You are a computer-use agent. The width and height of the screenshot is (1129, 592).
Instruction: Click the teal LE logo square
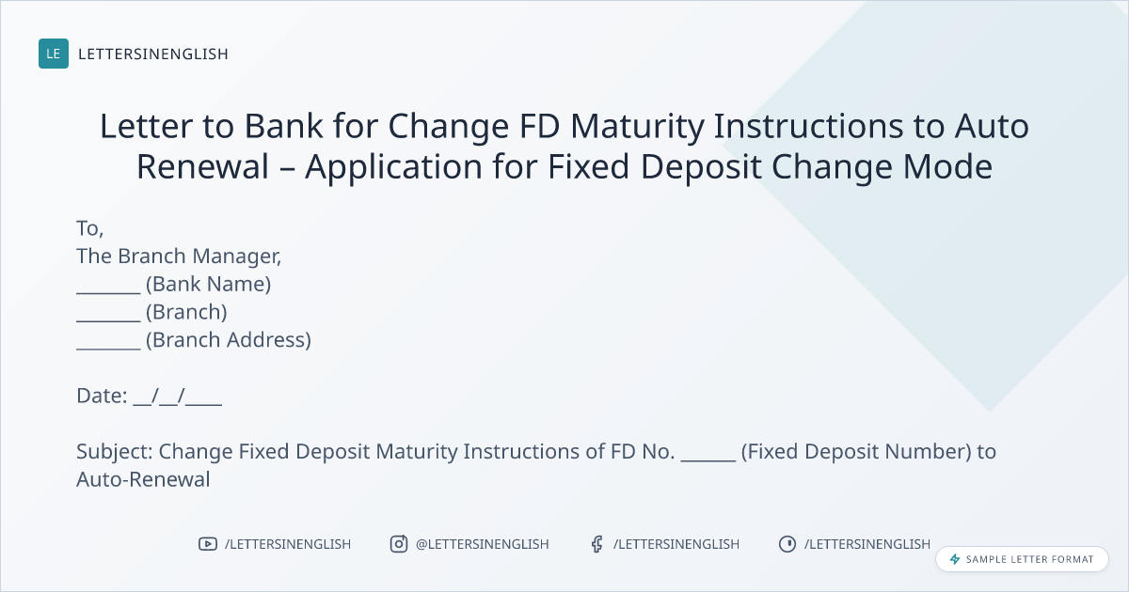pyautogui.click(x=54, y=54)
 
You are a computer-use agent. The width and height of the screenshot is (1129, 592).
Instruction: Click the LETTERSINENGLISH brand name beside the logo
pyautogui.click(x=153, y=54)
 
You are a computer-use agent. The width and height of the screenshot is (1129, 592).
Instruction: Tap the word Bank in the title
pyautogui.click(x=283, y=126)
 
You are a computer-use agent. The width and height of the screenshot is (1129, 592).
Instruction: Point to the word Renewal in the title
pyautogui.click(x=202, y=166)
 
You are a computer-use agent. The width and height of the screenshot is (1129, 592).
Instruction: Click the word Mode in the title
pyautogui.click(x=947, y=166)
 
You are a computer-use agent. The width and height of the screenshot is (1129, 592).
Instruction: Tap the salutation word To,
pyautogui.click(x=89, y=229)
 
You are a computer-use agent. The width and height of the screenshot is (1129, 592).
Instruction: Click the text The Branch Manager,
pyautogui.click(x=179, y=257)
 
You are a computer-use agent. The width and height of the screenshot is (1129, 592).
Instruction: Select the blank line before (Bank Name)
pyautogui.click(x=108, y=292)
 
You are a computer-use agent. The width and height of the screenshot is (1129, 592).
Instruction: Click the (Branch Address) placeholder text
pyautogui.click(x=229, y=340)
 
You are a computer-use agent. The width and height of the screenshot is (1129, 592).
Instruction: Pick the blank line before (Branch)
pyautogui.click(x=108, y=320)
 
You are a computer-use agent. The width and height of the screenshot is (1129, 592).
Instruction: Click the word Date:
pyautogui.click(x=102, y=396)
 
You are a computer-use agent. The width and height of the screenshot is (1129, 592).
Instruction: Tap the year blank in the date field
pyautogui.click(x=203, y=404)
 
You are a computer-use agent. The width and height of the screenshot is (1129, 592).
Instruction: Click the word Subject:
pyautogui.click(x=115, y=452)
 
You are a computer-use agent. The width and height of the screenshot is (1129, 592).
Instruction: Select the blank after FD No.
pyautogui.click(x=708, y=460)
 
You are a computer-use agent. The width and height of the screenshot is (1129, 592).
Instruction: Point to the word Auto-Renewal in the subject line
pyautogui.click(x=143, y=479)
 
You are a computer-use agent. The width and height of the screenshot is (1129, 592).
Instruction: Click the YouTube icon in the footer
pyautogui.click(x=208, y=544)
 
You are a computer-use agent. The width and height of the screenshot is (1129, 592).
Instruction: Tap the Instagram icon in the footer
pyautogui.click(x=399, y=544)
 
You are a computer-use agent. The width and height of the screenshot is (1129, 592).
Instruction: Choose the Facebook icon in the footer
pyautogui.click(x=597, y=544)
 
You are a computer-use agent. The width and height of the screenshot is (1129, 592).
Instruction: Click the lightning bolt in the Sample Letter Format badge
pyautogui.click(x=955, y=559)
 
